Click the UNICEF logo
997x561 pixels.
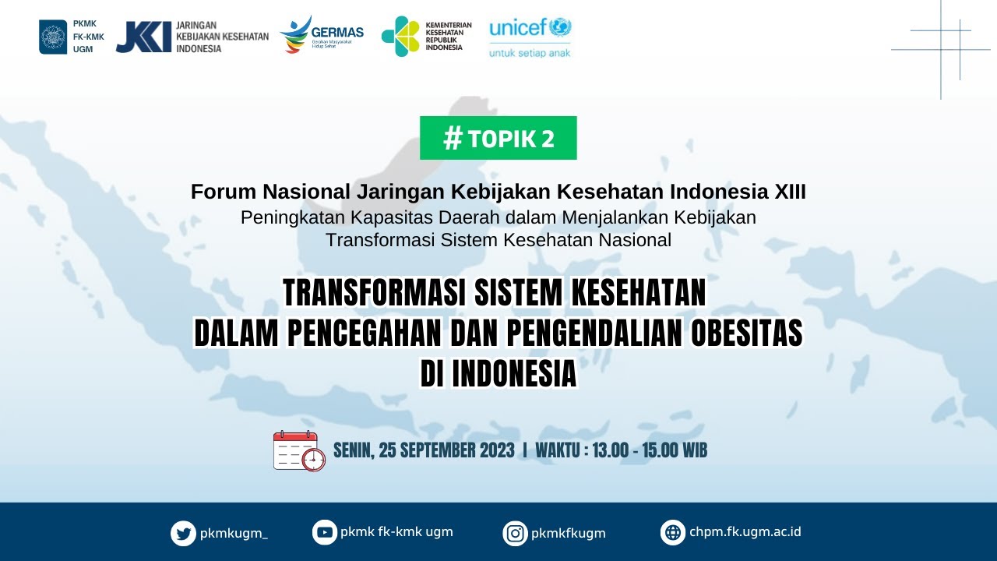(x=530, y=29)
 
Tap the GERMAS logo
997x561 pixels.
(x=321, y=35)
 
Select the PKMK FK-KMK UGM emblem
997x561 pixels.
(x=53, y=37)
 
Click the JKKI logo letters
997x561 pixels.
(x=143, y=37)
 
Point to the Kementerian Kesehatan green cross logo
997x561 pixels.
(x=400, y=36)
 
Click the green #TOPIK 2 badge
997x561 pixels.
(x=498, y=138)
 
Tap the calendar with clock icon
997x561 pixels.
(x=298, y=451)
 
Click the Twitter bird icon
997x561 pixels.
(x=183, y=534)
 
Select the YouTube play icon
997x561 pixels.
(x=325, y=532)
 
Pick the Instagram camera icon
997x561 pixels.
(x=515, y=534)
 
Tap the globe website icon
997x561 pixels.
(x=673, y=533)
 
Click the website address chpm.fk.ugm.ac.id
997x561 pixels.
(x=745, y=532)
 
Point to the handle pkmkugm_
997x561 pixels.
(x=234, y=534)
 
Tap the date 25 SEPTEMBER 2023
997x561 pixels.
(x=447, y=450)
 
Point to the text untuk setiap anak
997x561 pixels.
(x=530, y=53)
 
